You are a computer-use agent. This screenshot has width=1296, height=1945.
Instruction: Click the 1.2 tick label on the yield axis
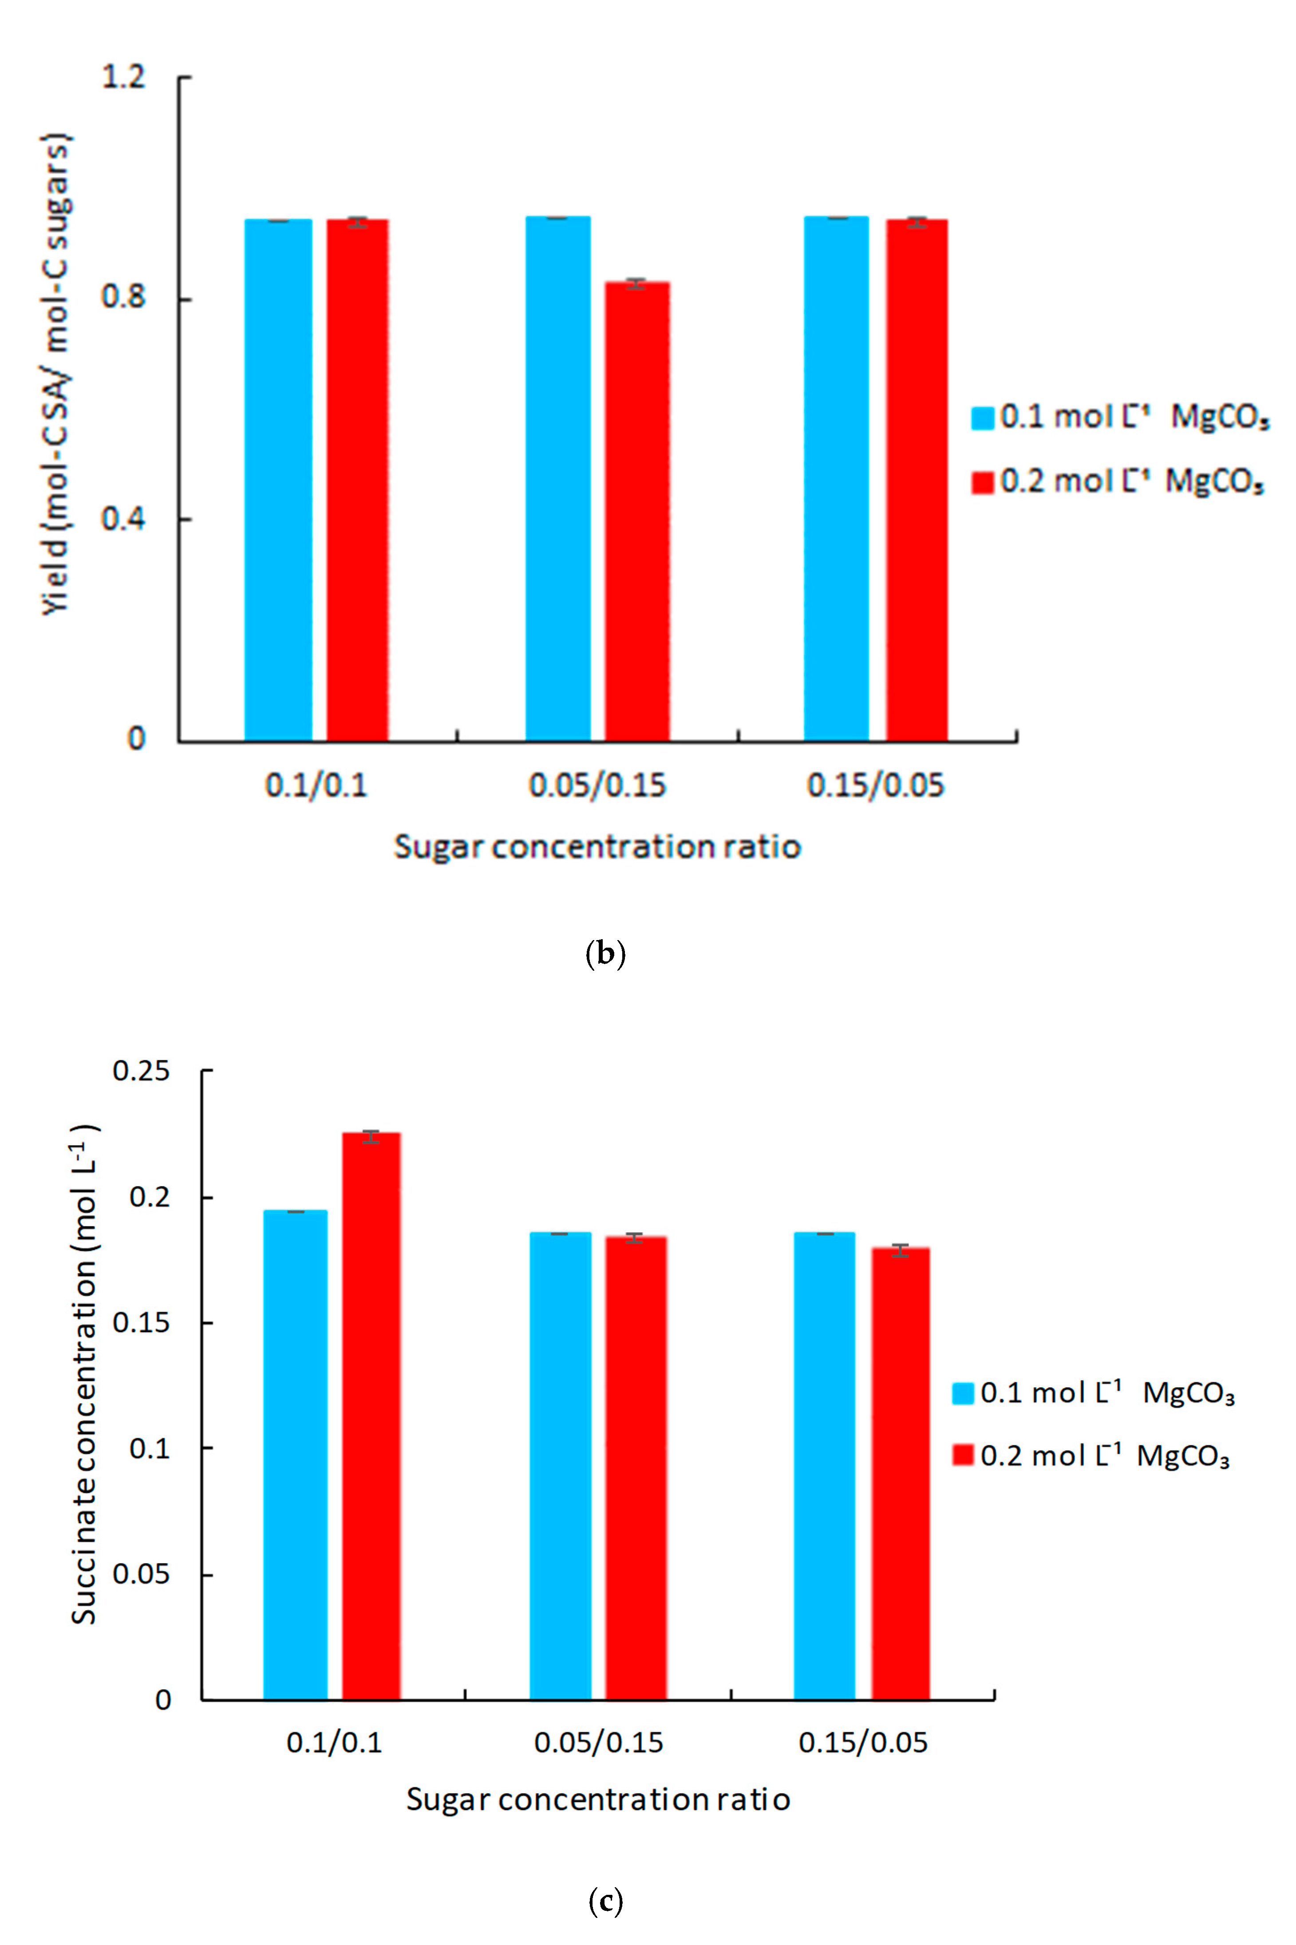pos(122,77)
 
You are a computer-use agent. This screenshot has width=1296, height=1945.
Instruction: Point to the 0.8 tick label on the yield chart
pos(122,296)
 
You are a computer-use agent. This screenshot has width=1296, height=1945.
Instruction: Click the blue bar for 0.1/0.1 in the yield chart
pos(279,480)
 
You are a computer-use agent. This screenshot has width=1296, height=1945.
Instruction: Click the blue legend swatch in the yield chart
pos(982,417)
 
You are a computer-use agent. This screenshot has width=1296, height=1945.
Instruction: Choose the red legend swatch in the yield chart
pos(982,481)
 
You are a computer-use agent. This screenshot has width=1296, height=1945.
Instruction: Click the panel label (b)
pos(605,954)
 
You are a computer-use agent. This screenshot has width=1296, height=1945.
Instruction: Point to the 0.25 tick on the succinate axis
pos(141,1071)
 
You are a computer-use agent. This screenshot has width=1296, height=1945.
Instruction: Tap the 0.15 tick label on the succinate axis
pos(141,1322)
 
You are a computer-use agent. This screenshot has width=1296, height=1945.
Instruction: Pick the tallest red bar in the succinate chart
pos(371,1414)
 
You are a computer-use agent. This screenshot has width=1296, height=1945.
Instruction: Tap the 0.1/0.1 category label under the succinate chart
pos(334,1743)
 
